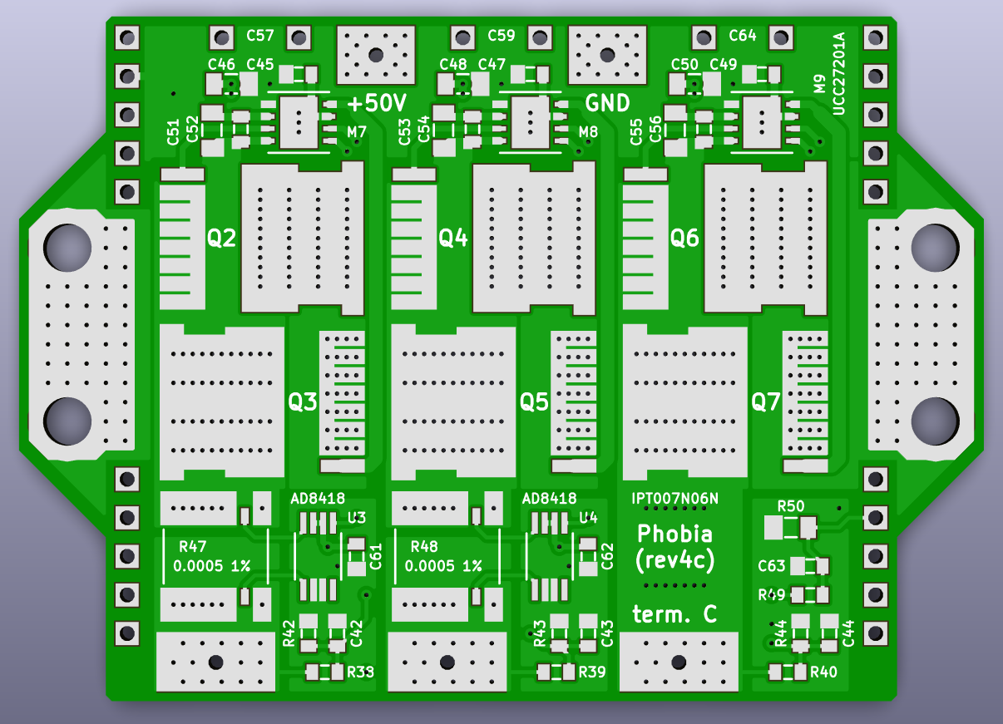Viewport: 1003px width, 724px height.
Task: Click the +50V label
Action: pyautogui.click(x=377, y=104)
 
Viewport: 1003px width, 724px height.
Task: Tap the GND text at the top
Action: pyautogui.click(x=607, y=103)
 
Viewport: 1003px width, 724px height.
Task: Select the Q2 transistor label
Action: pyautogui.click(x=222, y=239)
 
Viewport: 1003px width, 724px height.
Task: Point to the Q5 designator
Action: pyautogui.click(x=535, y=403)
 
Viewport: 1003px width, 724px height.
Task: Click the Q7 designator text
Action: pyautogui.click(x=766, y=403)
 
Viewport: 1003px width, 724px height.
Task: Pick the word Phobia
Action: pyautogui.click(x=674, y=533)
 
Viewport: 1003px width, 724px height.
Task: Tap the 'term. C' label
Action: pyautogui.click(x=674, y=614)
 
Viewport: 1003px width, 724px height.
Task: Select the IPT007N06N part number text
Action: pyautogui.click(x=674, y=498)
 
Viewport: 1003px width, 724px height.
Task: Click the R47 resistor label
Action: pyautogui.click(x=192, y=546)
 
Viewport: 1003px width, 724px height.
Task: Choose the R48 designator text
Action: pyautogui.click(x=424, y=546)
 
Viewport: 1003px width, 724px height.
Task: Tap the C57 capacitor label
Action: pyautogui.click(x=260, y=36)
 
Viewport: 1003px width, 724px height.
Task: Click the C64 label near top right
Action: pyautogui.click(x=743, y=36)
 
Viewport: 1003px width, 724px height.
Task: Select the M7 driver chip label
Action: pyautogui.click(x=357, y=131)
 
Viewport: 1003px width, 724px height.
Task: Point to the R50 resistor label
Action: pyautogui.click(x=790, y=505)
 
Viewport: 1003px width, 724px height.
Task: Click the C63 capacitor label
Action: pyautogui.click(x=771, y=566)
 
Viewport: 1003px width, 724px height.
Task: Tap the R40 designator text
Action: pyautogui.click(x=823, y=672)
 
